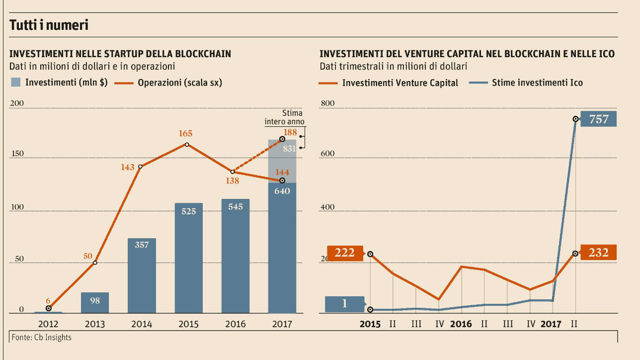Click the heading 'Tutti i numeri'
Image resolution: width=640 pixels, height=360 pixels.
(x=49, y=25)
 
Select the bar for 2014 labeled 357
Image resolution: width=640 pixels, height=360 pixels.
(x=142, y=275)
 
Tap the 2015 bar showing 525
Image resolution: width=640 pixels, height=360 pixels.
(x=188, y=258)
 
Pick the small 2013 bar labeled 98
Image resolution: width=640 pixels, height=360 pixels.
(x=95, y=302)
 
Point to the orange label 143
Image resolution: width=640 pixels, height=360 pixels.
(x=128, y=168)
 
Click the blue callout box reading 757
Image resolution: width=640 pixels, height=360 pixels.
(x=598, y=119)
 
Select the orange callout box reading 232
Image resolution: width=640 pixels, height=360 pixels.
(x=598, y=253)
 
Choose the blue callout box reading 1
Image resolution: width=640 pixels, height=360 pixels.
(x=344, y=304)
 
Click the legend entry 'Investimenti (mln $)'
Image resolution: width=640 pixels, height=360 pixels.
(x=59, y=83)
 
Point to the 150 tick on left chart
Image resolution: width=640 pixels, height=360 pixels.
(x=17, y=154)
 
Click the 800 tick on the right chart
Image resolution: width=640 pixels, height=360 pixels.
(x=327, y=103)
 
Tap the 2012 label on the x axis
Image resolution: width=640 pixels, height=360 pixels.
(x=48, y=324)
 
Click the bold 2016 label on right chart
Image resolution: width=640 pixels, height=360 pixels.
(x=461, y=324)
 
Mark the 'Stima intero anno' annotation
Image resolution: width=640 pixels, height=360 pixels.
(x=284, y=117)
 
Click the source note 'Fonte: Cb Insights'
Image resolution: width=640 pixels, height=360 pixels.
(x=41, y=338)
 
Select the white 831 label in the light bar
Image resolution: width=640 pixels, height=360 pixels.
(x=289, y=148)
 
